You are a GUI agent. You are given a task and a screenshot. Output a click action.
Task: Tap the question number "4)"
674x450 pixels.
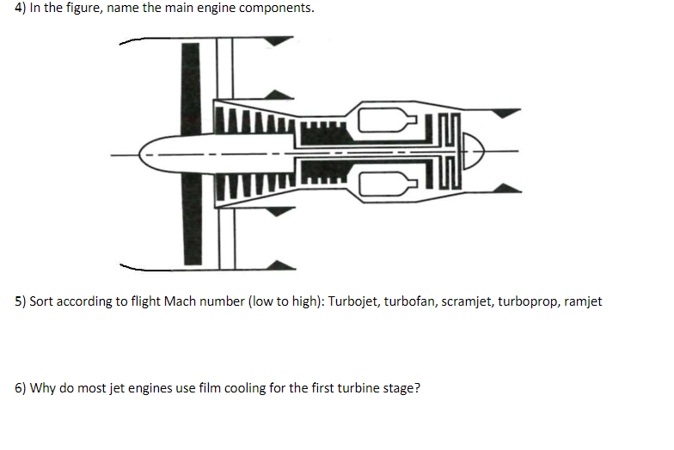21,9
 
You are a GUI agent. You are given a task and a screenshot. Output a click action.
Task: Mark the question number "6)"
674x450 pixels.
21,388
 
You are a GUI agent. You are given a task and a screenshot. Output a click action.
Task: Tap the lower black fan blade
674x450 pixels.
192,219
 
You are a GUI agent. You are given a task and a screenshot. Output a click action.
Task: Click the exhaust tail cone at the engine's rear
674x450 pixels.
473,151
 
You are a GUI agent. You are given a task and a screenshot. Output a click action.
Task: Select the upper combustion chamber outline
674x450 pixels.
387,120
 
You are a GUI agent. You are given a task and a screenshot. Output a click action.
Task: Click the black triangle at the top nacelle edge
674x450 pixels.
279,41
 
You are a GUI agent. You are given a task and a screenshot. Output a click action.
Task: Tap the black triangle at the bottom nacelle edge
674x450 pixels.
282,265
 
